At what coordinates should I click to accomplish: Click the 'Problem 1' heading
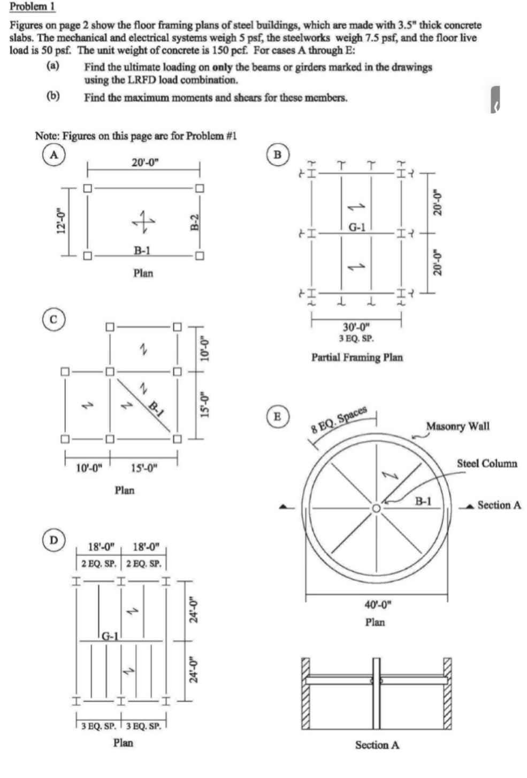32,7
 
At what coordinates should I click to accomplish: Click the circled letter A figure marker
53,154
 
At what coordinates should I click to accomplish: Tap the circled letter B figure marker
277,154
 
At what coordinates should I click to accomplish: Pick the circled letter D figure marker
53,540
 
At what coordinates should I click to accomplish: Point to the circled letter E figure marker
277,417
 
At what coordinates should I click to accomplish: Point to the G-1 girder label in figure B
357,227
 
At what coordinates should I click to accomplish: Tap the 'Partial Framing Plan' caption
357,357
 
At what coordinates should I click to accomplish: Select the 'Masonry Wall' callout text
457,426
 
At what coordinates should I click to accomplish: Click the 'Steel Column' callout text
487,463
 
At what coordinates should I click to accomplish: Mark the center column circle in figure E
377,508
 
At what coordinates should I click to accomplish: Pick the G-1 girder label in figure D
109,636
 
